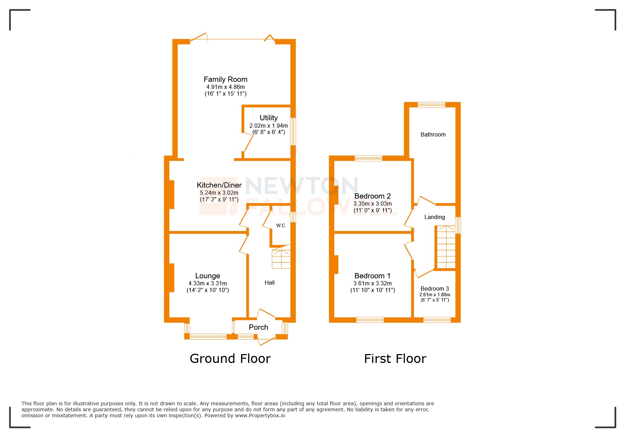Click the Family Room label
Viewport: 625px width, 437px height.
tap(225, 79)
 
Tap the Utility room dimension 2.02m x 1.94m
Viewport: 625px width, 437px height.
tap(269, 126)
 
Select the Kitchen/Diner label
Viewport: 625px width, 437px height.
tap(219, 185)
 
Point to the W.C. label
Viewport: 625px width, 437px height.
tap(281, 226)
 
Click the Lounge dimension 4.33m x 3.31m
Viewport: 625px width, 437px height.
tap(208, 283)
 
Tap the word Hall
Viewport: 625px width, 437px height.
tap(270, 283)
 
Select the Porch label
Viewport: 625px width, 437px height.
tap(258, 327)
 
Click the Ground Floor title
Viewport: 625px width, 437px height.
tap(230, 359)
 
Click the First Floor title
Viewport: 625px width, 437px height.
tap(395, 359)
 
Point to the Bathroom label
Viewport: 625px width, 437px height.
tap(433, 134)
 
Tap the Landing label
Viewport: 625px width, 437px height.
tap(434, 217)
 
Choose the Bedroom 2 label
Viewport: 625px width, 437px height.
tap(372, 196)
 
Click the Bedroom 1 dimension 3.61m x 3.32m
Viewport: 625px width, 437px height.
tap(372, 283)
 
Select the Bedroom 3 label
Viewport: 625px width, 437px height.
tap(434, 289)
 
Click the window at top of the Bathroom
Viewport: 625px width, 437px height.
tap(431, 105)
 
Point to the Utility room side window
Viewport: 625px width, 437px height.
tap(293, 132)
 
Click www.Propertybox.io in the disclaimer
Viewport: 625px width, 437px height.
tap(260, 415)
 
